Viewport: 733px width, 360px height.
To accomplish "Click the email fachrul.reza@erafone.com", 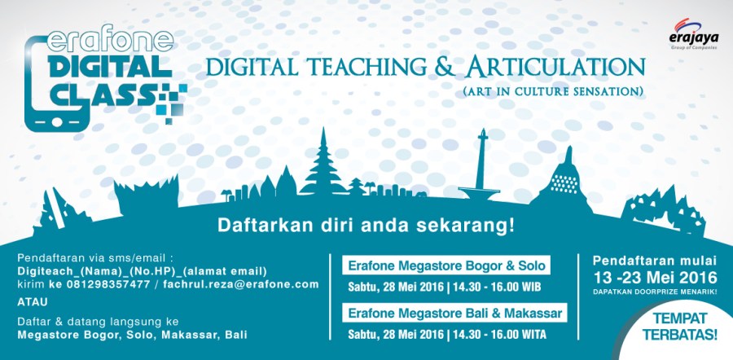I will point(240,283).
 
